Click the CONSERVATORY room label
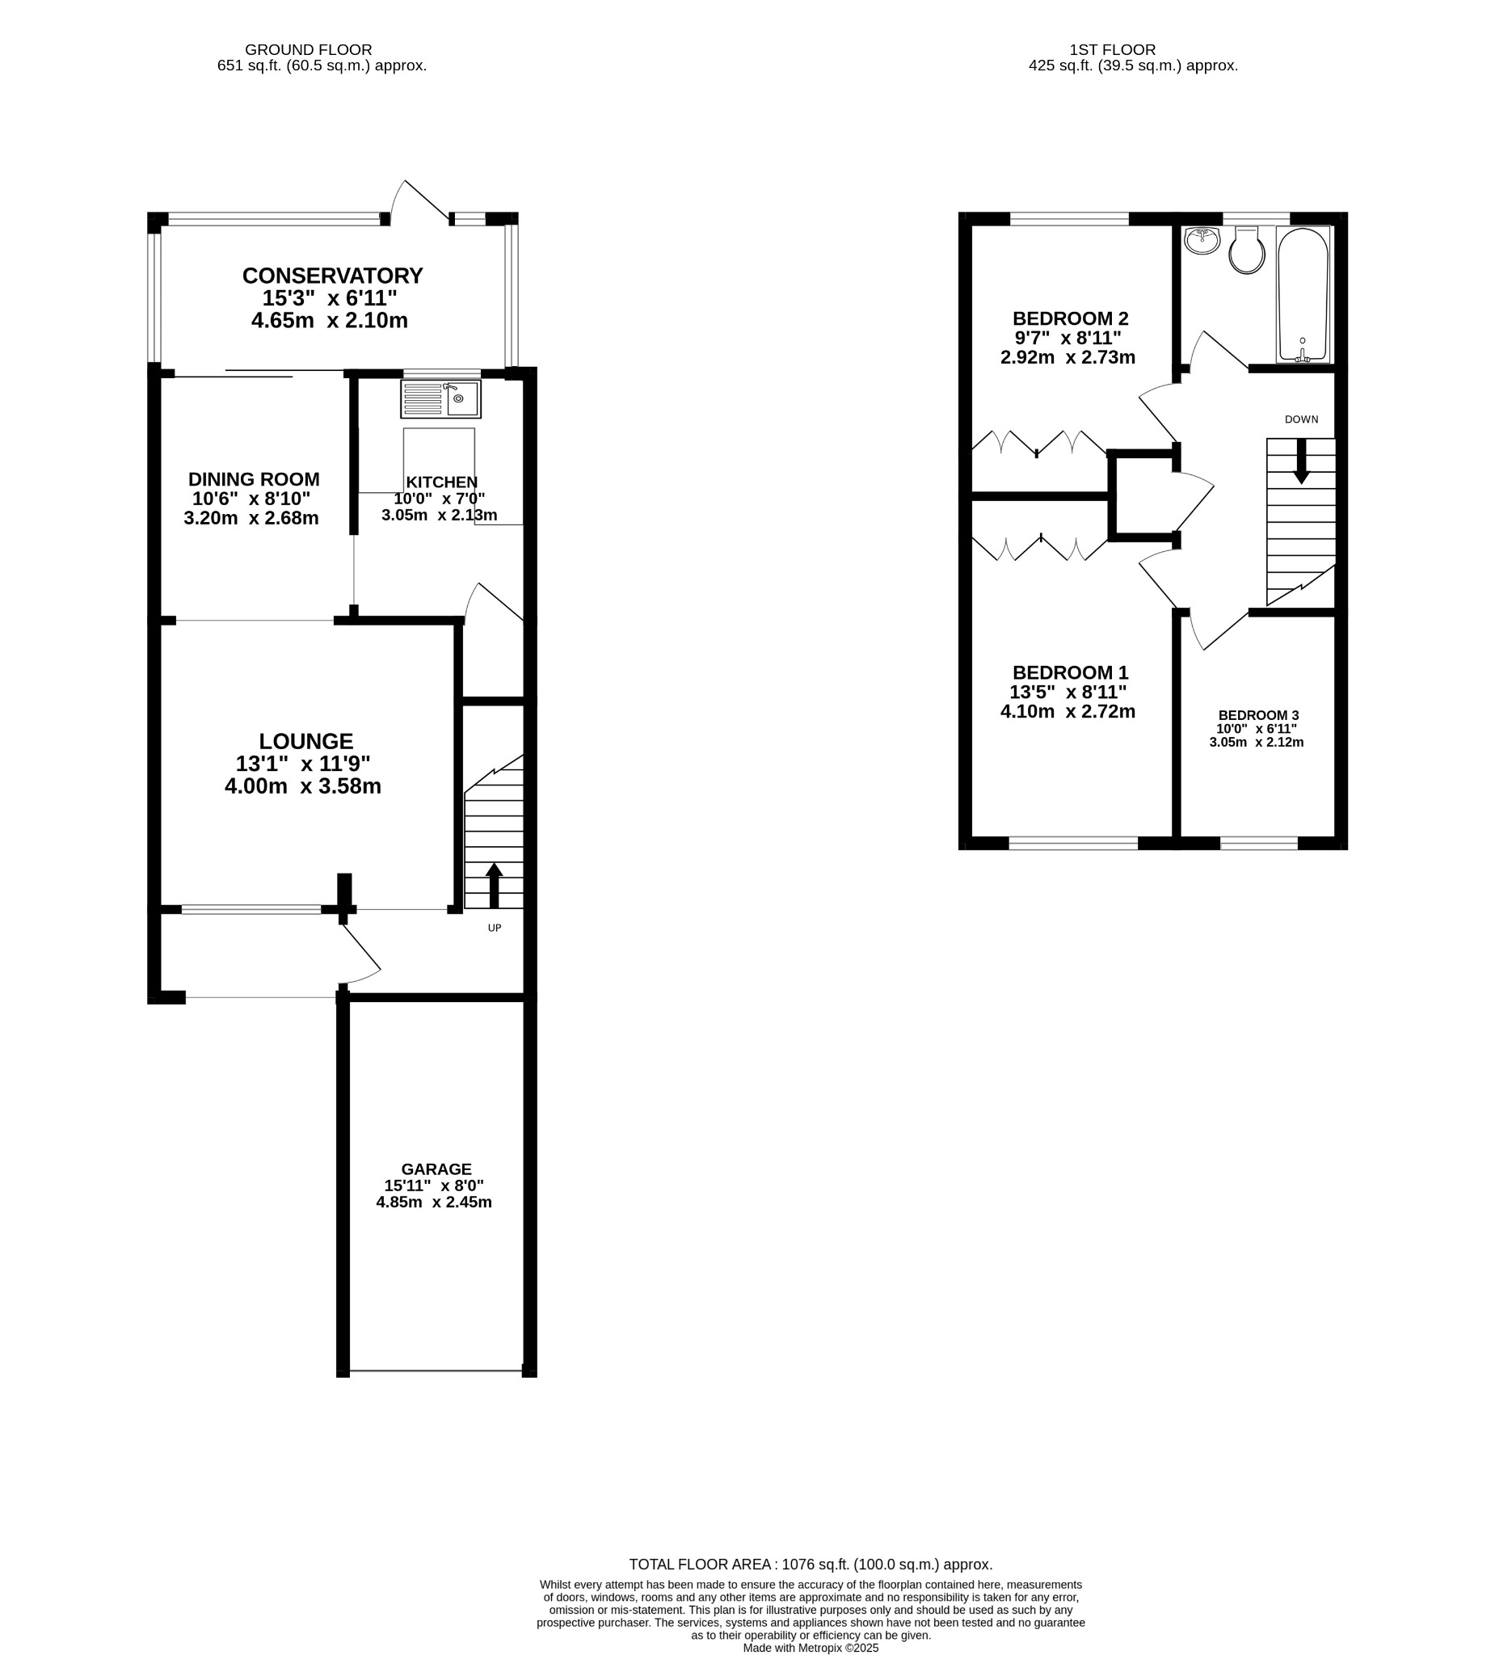331,275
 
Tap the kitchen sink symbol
440,399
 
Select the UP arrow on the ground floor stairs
494,885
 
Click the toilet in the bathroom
1245,251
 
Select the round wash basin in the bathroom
1202,240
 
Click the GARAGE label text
436,1169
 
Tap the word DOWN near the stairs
1300,419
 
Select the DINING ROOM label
254,479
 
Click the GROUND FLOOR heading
308,50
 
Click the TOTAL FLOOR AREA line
810,1564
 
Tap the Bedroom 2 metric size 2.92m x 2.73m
1068,357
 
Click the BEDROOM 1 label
1070,672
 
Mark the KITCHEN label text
441,482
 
